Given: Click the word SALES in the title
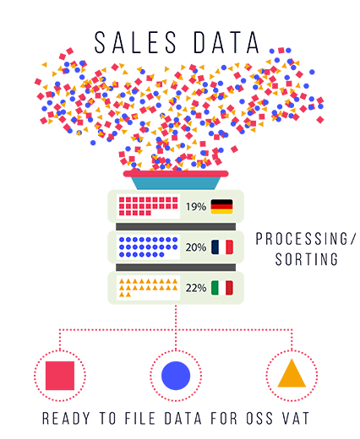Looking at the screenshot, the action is (x=135, y=42).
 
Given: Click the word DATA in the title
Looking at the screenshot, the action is (x=226, y=42).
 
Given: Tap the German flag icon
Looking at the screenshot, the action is (x=221, y=207).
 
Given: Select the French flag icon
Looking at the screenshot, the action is (x=222, y=247).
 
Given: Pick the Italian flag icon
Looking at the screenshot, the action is (x=222, y=288).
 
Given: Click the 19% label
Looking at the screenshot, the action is (x=196, y=207).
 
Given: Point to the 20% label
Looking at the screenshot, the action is (x=196, y=247).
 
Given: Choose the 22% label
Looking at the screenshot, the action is (x=196, y=288).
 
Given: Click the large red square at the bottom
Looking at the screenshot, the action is (x=60, y=376).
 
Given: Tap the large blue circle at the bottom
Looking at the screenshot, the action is (x=176, y=376).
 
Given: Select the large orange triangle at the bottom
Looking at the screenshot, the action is (x=292, y=373).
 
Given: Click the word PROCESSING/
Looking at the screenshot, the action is (x=306, y=239).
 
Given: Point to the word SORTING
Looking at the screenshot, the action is (x=307, y=259).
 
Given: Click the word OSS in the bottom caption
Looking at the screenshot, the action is (x=259, y=418).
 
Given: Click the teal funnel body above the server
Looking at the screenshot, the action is (x=176, y=183).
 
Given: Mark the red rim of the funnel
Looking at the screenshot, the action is (x=176, y=174).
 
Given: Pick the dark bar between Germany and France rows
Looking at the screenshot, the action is (x=176, y=226).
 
